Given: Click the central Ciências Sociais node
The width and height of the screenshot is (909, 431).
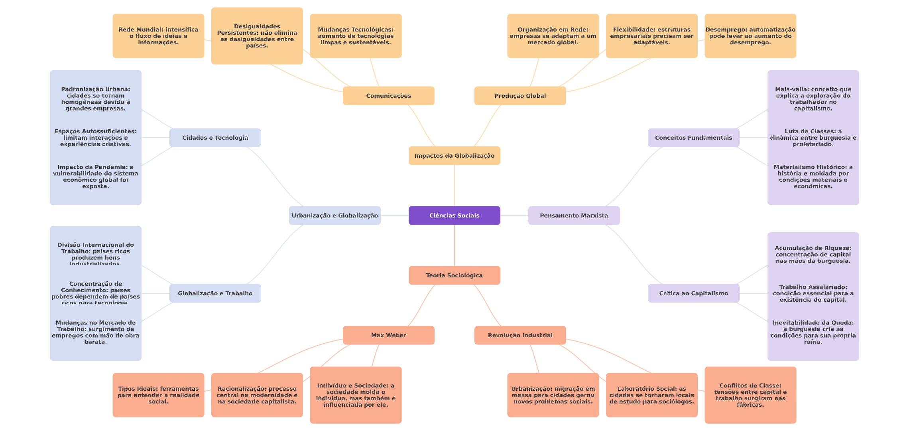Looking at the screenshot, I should coord(454,215).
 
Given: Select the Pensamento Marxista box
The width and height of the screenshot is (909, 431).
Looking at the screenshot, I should coord(574,215).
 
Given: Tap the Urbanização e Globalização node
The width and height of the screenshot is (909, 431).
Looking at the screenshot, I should coord(334,215).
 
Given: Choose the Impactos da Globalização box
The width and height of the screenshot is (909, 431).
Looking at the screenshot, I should coord(454,156).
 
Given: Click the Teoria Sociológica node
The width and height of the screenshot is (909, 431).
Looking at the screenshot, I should coord(454,275).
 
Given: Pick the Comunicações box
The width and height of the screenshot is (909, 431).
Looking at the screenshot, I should coord(388,96).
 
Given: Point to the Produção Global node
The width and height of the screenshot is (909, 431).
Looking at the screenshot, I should coord(520,96).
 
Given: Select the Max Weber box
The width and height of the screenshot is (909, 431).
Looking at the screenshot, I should coord(388,335).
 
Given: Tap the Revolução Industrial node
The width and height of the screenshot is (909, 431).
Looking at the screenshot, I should coord(520,335).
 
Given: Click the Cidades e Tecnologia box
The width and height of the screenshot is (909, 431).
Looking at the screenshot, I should coord(215,138).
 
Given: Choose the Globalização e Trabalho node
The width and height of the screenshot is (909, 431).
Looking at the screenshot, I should coord(215,293).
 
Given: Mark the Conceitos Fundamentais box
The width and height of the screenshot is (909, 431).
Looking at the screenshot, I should coord(693,138).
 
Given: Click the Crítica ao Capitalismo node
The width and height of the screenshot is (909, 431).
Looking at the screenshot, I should coord(693,293).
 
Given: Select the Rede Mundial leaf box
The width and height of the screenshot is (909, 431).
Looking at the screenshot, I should coord(158,36).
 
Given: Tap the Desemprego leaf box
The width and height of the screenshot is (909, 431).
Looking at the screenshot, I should coord(750,36).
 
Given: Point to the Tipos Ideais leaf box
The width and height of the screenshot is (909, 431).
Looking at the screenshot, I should coord(158,395).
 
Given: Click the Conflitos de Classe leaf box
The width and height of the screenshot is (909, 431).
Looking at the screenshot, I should coord(750,395).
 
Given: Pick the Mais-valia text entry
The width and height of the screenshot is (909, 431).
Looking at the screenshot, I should coord(813,99).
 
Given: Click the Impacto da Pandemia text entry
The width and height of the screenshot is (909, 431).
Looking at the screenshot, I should coord(96,177).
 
